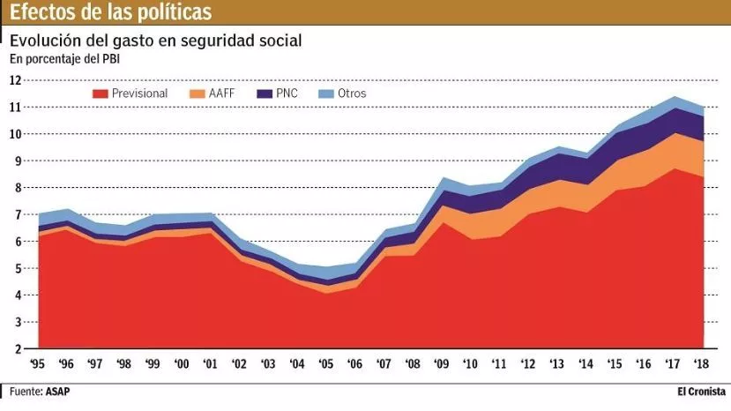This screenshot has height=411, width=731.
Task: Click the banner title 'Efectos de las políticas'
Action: point(111,12)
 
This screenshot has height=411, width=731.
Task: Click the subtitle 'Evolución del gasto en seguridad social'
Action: point(155,41)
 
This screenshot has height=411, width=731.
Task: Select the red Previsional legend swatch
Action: point(100,93)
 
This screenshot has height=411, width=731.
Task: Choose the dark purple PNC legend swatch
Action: point(265,93)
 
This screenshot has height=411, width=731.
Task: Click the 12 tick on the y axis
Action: point(15,80)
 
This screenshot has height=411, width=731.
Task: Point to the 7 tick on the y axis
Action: point(18,214)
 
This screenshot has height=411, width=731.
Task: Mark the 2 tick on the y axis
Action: point(18,349)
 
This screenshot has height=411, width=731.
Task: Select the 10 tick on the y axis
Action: point(15,134)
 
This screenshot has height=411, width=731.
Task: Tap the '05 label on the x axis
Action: point(326,363)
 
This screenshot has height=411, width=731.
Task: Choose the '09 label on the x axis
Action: point(441,363)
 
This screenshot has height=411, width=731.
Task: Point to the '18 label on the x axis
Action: point(703,363)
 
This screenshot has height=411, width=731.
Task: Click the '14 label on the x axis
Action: point(585,363)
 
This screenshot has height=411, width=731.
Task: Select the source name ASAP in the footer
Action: point(59,391)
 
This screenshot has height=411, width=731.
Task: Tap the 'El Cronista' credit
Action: point(701,391)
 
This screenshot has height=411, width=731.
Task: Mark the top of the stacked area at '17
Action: point(675,97)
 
